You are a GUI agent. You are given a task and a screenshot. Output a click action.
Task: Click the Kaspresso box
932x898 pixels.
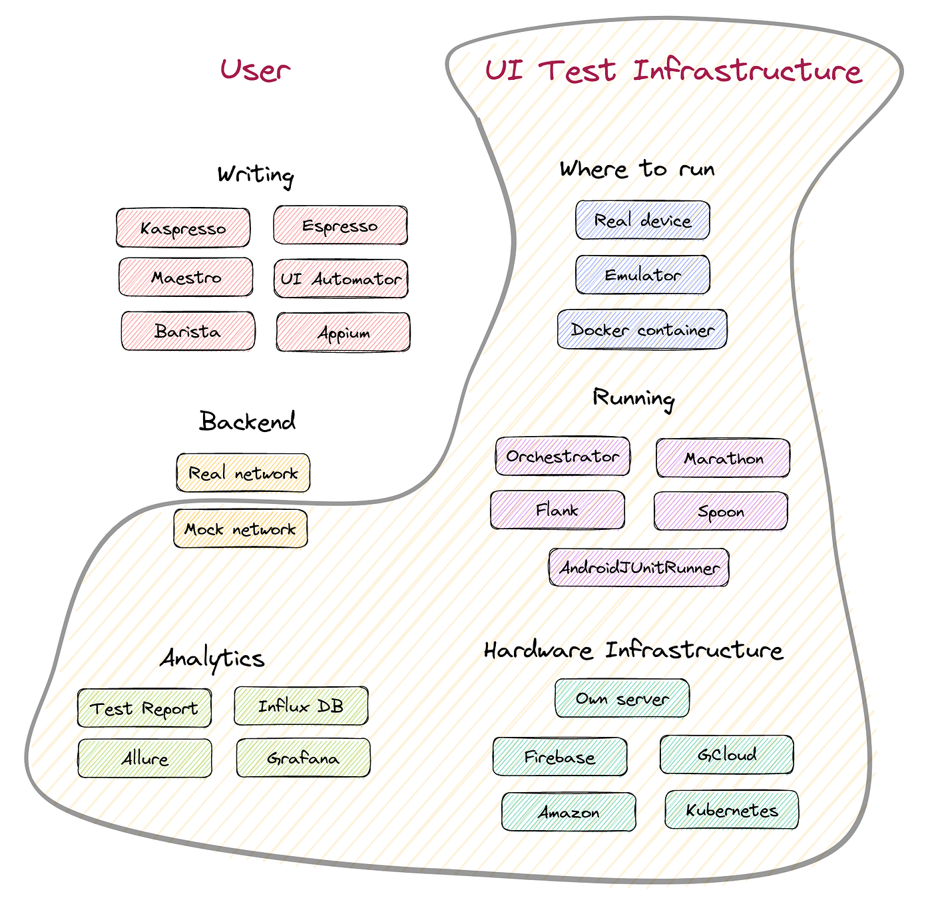183,228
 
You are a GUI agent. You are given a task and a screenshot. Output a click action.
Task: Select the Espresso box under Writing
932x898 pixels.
340,226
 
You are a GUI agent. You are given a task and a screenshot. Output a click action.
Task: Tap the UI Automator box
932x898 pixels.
341,279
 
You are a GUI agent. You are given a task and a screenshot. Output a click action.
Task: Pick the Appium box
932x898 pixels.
344,332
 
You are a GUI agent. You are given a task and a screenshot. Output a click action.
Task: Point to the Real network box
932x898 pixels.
243,473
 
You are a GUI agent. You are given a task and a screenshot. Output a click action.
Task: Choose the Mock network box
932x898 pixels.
240,529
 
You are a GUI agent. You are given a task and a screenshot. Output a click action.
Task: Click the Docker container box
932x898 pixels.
642,330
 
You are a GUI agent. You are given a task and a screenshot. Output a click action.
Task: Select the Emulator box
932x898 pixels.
642,275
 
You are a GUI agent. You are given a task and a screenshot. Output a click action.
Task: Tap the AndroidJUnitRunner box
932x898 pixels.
639,568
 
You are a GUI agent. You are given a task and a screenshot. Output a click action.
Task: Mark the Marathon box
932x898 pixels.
723,458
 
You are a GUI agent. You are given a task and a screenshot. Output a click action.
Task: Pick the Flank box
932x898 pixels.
557,511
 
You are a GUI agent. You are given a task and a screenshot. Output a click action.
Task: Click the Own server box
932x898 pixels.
622,698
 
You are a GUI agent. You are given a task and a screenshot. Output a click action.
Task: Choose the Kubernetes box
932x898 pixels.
732,810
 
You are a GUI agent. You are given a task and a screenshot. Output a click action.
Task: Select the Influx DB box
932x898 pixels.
301,706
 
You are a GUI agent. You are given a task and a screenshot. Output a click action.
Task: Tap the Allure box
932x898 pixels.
144,758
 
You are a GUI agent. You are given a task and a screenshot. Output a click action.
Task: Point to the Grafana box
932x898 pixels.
303,758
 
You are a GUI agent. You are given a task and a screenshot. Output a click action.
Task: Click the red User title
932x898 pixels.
255,70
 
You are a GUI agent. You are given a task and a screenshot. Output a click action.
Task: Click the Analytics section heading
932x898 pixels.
212,658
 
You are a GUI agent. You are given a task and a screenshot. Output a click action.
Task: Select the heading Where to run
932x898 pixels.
637,169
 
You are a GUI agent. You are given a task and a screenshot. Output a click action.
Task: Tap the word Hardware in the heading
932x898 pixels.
538,650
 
